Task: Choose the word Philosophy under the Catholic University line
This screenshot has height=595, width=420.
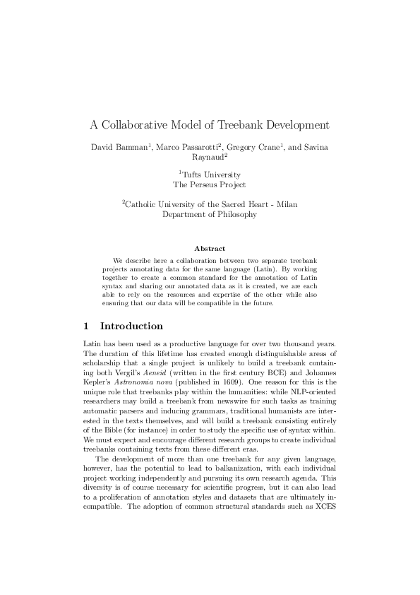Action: tap(235, 214)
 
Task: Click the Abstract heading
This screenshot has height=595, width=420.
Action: tap(210, 249)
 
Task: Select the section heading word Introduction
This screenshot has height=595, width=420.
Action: tap(132, 326)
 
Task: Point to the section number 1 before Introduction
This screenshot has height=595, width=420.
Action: tap(86, 326)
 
